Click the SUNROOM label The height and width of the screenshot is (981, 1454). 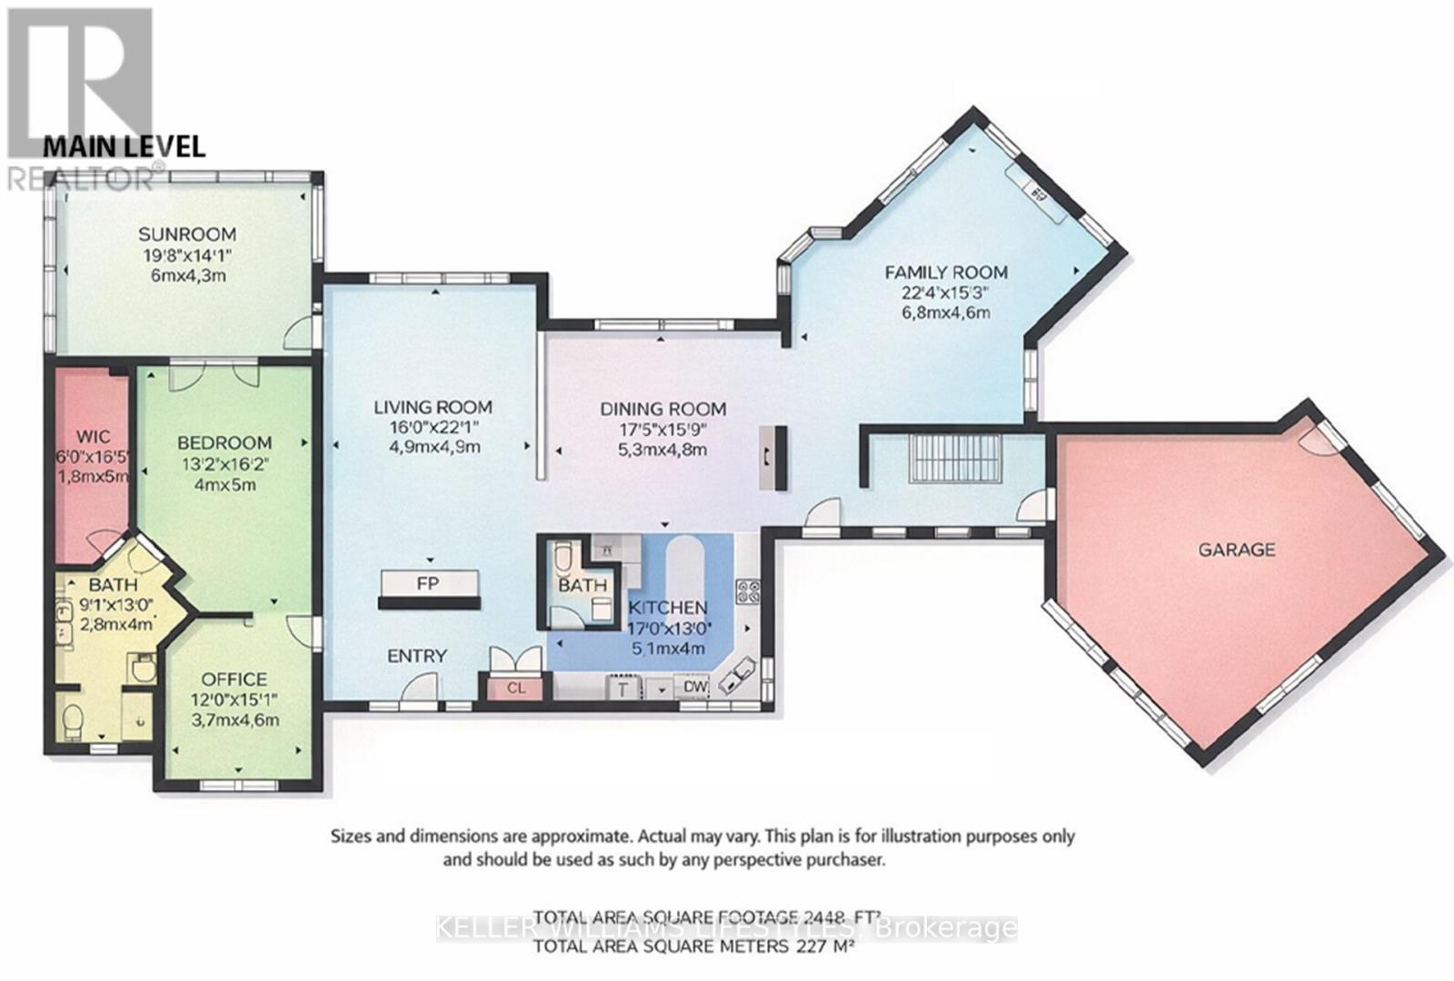click(187, 234)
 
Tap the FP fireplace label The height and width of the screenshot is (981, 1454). click(428, 583)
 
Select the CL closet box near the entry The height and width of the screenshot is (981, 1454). click(516, 688)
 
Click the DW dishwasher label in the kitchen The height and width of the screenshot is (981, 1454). click(695, 687)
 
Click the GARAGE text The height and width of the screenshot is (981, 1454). click(1236, 550)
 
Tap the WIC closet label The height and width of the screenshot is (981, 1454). click(93, 435)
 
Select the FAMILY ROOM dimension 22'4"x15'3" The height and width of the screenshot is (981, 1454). click(945, 292)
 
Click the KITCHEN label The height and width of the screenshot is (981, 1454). click(668, 608)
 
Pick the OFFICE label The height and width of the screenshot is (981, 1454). click(234, 679)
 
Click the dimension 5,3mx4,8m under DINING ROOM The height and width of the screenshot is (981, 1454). click(662, 450)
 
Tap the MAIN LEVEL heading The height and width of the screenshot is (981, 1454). click(124, 146)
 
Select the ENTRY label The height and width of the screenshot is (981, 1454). click(417, 656)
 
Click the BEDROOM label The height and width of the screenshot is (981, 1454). click(224, 442)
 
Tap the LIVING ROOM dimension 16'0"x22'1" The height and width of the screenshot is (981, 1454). click(433, 427)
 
